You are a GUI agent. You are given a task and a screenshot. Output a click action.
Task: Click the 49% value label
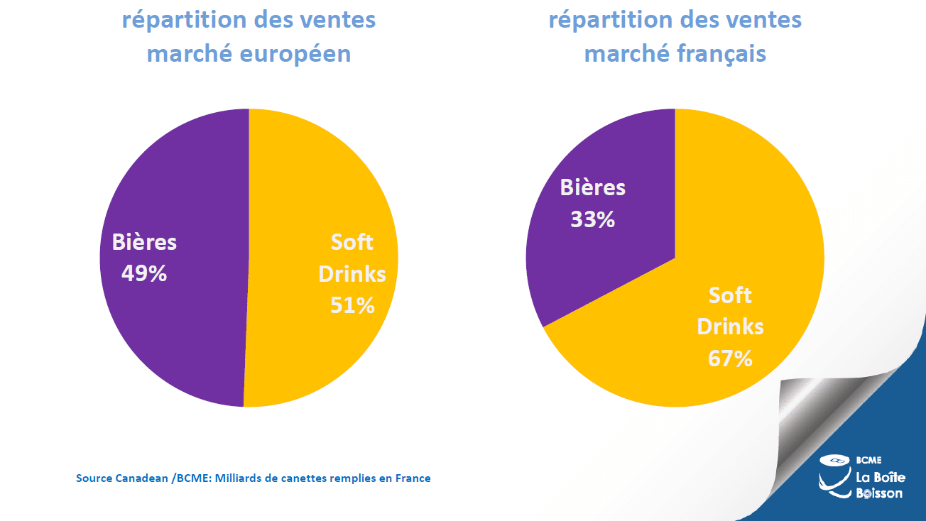tap(144, 274)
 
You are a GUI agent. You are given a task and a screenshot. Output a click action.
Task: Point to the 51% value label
tap(352, 305)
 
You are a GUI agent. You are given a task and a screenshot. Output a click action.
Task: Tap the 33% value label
tap(592, 219)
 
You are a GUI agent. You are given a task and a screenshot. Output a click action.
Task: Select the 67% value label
tap(730, 358)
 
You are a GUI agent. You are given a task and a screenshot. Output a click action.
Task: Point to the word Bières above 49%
tap(144, 242)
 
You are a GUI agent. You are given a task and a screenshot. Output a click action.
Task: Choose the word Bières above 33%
tap(592, 187)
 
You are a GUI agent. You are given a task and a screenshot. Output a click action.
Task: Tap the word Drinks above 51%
tap(352, 274)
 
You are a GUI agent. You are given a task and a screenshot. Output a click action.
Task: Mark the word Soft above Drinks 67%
tap(730, 295)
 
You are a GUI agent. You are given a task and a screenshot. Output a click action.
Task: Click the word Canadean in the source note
tap(139, 478)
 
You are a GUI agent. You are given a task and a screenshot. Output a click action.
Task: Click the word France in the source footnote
tap(413, 478)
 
